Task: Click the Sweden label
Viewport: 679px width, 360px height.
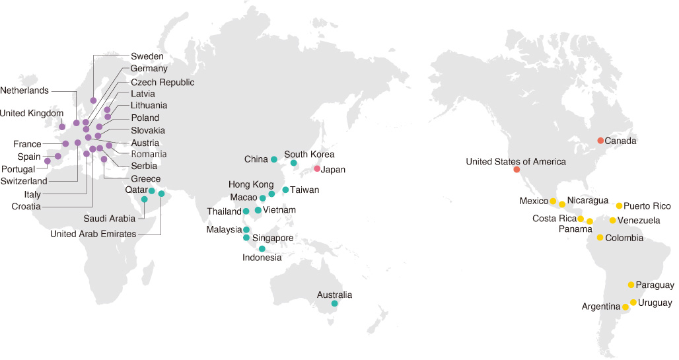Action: click(x=147, y=56)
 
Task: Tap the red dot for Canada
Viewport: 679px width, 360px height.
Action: click(x=600, y=141)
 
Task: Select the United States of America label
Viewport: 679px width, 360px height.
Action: click(x=516, y=161)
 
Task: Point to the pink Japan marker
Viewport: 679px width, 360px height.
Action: click(x=317, y=169)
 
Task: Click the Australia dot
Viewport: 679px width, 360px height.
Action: click(x=335, y=304)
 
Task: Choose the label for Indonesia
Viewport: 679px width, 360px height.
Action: click(x=262, y=258)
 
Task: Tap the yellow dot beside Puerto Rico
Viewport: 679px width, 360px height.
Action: click(x=620, y=206)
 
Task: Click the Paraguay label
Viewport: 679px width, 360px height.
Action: click(x=655, y=285)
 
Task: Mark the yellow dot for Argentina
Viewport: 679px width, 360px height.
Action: click(x=625, y=307)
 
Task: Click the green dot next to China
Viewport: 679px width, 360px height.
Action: click(x=274, y=159)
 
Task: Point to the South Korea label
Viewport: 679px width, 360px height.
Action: click(x=309, y=155)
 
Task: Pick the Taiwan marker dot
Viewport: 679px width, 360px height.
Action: click(x=285, y=190)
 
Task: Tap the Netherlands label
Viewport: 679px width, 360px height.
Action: click(x=24, y=90)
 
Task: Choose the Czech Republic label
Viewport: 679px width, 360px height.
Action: click(x=162, y=83)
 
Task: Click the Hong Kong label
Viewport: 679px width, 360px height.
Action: click(x=250, y=184)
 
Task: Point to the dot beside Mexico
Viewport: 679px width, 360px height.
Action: click(x=553, y=201)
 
